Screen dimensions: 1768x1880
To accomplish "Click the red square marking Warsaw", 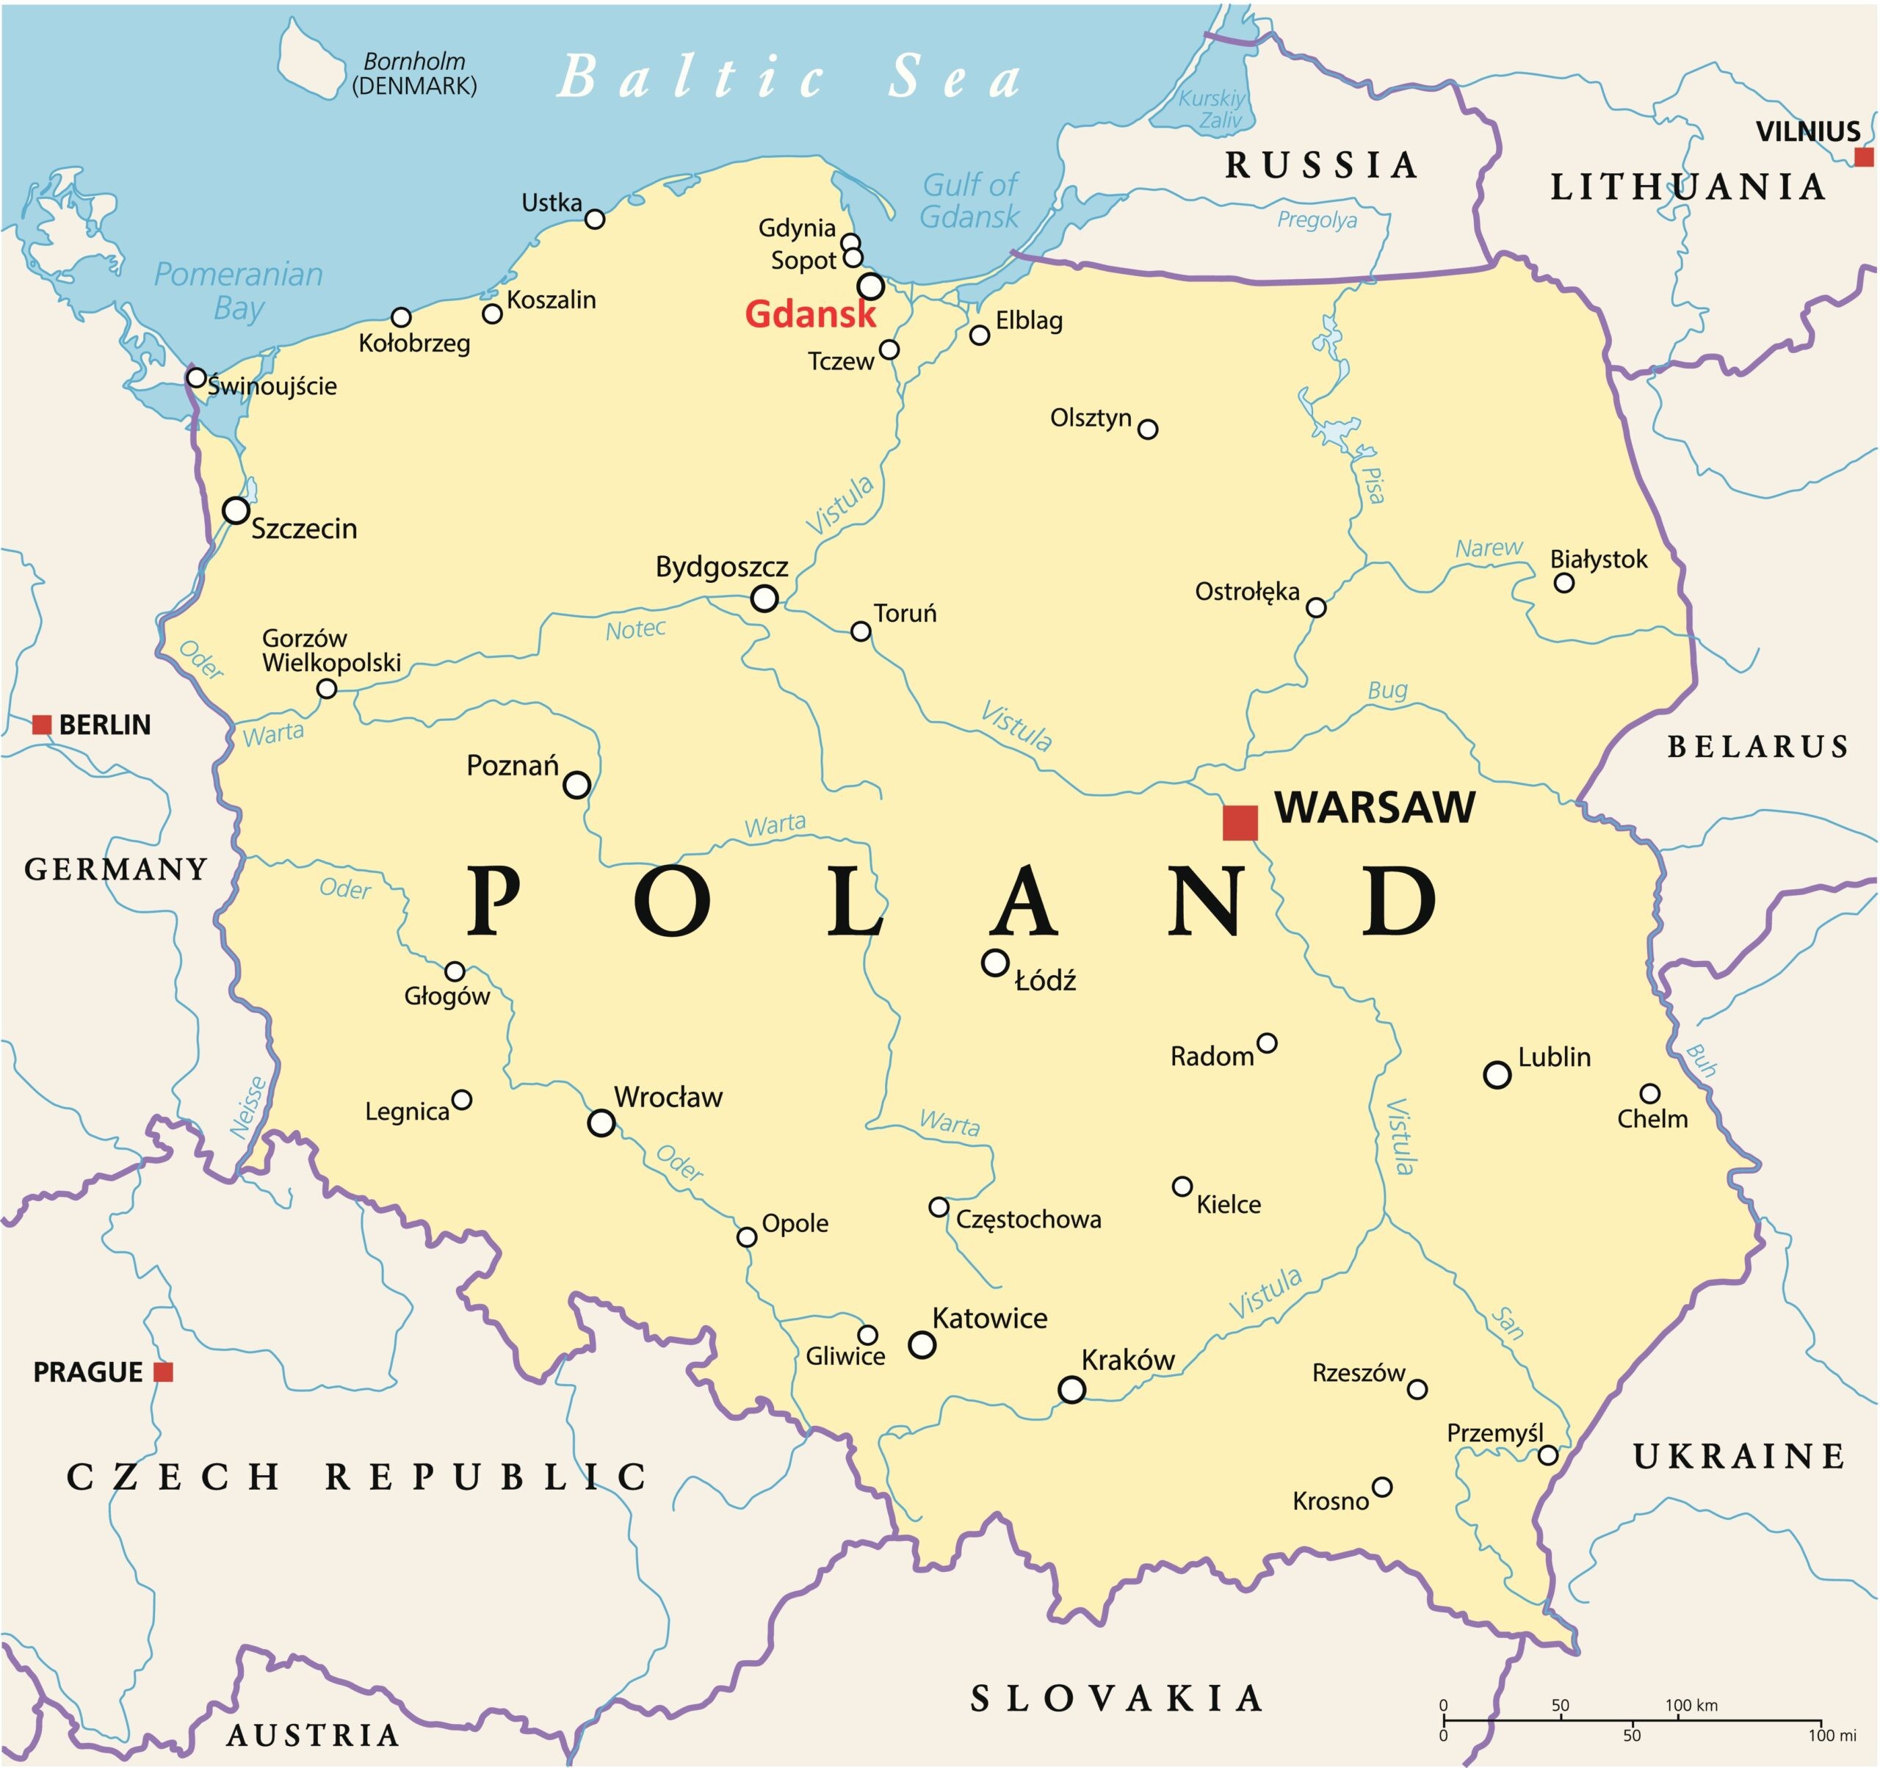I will click(1240, 822).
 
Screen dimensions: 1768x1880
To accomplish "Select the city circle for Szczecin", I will click(236, 510).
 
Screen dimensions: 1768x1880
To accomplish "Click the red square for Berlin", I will click(42, 725).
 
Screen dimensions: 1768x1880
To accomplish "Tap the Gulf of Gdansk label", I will click(969, 200).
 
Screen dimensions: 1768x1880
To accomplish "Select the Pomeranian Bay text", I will click(239, 290).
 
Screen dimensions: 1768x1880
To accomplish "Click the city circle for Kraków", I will click(1071, 1390).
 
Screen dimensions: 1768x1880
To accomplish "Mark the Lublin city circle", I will click(1497, 1075).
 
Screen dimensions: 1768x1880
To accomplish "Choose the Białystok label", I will click(1598, 559).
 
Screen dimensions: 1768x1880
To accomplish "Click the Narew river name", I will click(1489, 548).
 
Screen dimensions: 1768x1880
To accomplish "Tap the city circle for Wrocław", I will click(601, 1123).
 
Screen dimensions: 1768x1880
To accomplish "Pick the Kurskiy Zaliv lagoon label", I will click(1213, 109).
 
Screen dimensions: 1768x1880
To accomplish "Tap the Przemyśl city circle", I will click(1548, 1455).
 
